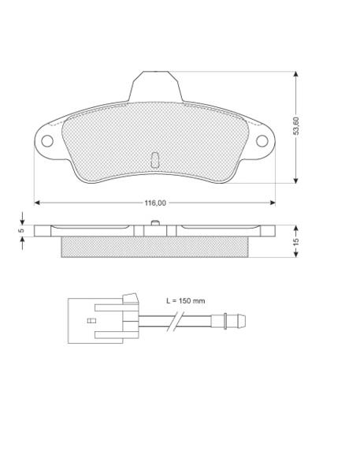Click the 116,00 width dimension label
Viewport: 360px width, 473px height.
(155, 203)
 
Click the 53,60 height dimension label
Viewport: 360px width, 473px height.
(296, 126)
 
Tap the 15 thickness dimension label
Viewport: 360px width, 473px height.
(296, 242)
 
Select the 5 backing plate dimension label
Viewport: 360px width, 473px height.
(21, 231)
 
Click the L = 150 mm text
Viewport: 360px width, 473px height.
(186, 301)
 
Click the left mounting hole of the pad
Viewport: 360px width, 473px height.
(47, 141)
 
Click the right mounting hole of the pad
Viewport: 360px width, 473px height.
(262, 141)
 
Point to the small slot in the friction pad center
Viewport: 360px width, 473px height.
(154, 160)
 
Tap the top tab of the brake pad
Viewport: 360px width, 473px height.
(155, 87)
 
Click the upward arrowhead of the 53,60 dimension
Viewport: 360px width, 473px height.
(295, 75)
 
